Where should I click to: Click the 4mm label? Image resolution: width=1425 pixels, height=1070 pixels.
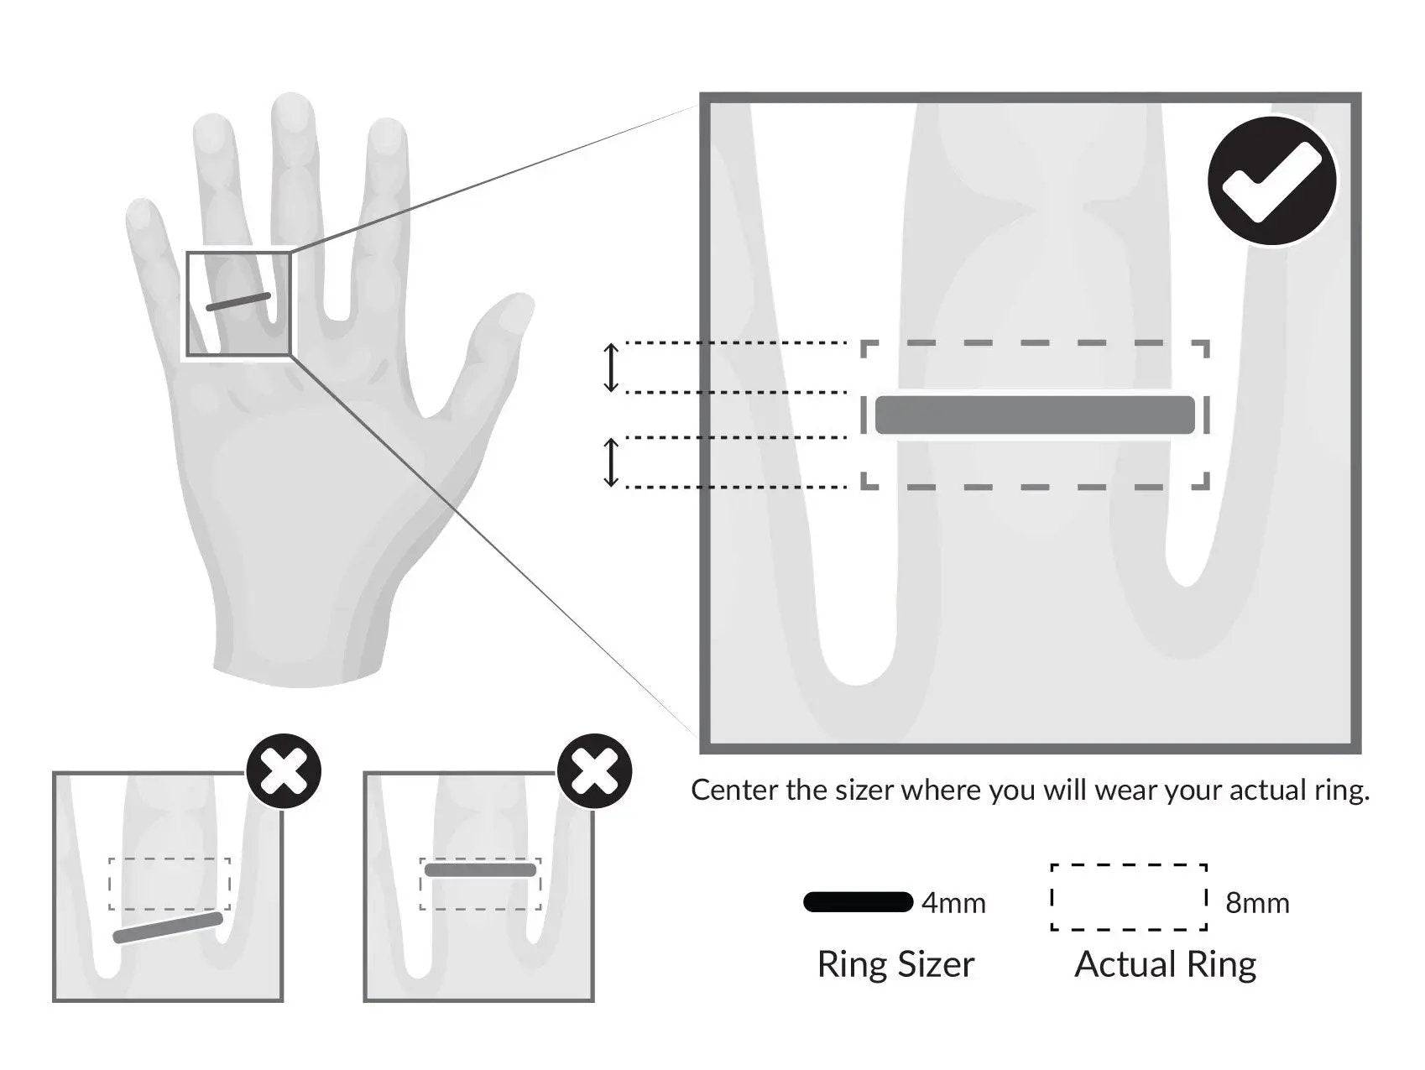point(953,903)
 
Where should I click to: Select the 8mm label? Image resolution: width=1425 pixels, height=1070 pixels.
point(1257,903)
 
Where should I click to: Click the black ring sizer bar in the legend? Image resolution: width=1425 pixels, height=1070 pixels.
point(858,902)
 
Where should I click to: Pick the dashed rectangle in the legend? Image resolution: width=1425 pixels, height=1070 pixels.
point(1129,896)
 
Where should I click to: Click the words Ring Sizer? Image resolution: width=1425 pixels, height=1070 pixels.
point(895,964)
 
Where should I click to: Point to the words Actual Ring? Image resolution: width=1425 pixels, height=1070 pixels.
point(1165,964)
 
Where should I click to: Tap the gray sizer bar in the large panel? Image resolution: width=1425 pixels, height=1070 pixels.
point(1034,415)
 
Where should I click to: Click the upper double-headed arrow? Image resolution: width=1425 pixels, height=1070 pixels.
point(611,368)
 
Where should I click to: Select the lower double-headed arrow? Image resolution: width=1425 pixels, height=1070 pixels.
point(611,462)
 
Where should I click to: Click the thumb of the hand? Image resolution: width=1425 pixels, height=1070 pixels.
point(495,336)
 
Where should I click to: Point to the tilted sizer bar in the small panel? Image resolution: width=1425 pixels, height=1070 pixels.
point(168,927)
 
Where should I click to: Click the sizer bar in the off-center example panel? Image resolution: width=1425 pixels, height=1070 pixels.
point(480,870)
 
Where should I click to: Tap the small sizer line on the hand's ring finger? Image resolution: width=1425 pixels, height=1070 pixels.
point(238,302)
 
